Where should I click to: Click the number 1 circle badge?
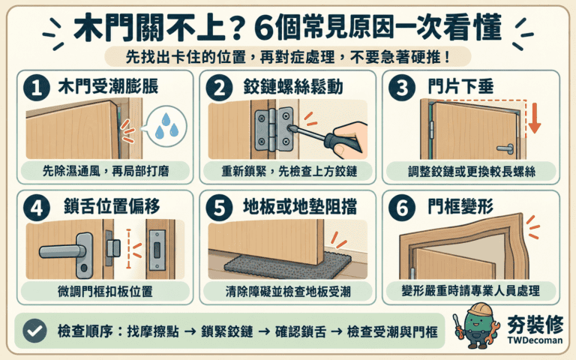(36, 88)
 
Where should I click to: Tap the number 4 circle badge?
(36, 208)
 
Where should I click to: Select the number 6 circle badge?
(402, 208)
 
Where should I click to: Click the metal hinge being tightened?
(274, 129)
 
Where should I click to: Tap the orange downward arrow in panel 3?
(535, 118)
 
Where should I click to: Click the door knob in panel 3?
(505, 148)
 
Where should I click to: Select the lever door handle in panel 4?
(70, 253)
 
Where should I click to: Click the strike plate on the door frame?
(157, 250)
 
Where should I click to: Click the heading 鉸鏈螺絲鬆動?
(292, 87)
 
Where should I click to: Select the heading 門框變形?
(460, 206)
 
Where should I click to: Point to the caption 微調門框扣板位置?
(105, 291)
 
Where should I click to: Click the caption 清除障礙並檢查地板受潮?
(288, 291)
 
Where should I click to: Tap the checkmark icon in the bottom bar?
(34, 331)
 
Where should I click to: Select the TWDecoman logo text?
(535, 340)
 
